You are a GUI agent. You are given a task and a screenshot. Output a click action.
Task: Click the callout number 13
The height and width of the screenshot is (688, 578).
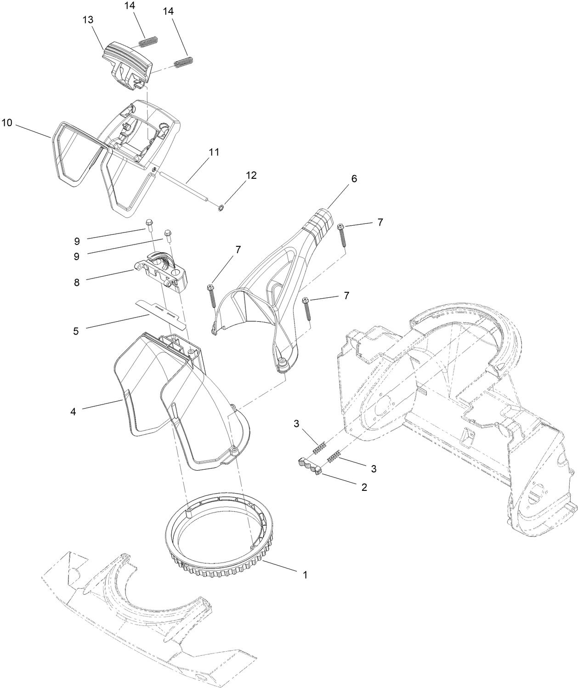point(88,20)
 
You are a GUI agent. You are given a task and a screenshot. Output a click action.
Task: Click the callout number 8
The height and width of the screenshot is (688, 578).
point(76,282)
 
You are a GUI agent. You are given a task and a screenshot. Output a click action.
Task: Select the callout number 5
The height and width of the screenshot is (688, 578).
point(76,330)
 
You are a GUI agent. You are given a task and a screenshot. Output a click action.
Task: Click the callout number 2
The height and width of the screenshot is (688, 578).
point(364,487)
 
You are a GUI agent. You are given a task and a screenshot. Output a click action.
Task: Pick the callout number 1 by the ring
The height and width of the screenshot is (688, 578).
point(304,574)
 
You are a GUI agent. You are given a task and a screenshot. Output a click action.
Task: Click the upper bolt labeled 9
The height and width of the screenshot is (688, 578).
point(149,224)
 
